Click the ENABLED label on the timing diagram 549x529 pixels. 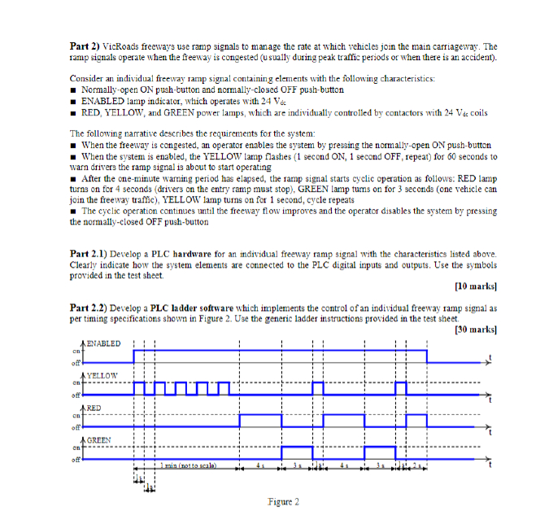click(104, 343)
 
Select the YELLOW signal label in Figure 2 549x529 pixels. click(102, 375)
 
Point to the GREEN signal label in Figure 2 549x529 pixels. click(100, 439)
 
